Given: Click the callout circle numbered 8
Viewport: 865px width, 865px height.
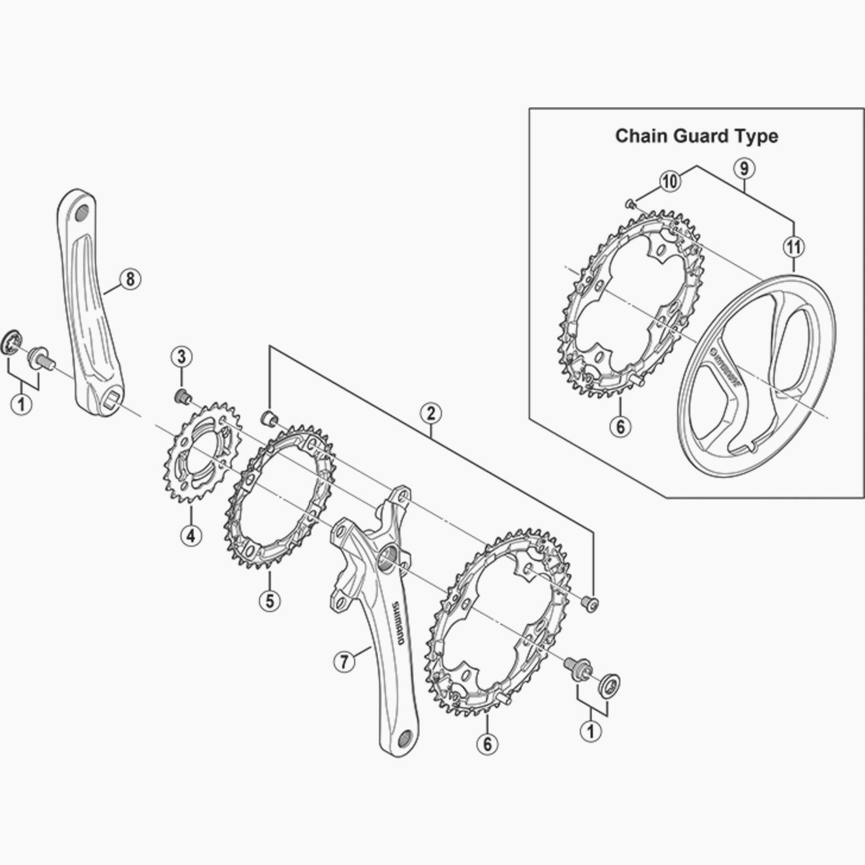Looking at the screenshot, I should pyautogui.click(x=130, y=279).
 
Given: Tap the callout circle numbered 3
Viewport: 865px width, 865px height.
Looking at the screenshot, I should pyautogui.click(x=181, y=357).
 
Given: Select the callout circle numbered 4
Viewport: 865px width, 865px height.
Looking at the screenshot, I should pyautogui.click(x=191, y=535).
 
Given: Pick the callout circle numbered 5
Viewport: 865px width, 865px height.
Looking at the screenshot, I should pyautogui.click(x=269, y=601).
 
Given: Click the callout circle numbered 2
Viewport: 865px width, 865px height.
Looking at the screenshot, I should pyautogui.click(x=430, y=413).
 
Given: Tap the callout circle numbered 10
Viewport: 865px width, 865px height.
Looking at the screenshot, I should pyautogui.click(x=671, y=182).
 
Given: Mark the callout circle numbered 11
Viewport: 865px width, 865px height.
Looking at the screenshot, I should pyautogui.click(x=794, y=246).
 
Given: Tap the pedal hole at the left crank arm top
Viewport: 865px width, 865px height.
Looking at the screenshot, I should pyautogui.click(x=81, y=213).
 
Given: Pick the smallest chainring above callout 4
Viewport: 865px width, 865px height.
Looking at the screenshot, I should pyautogui.click(x=202, y=452).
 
